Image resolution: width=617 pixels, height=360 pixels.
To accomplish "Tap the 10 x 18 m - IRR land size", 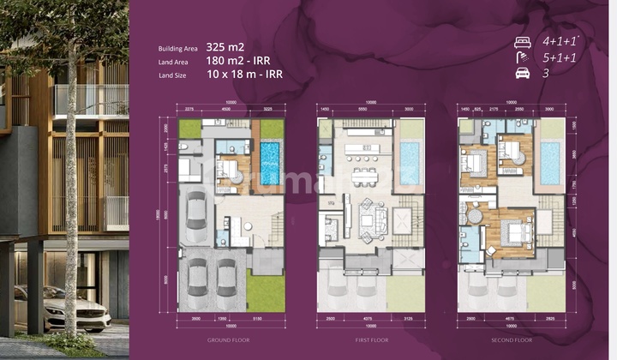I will pyautogui.click(x=246, y=74).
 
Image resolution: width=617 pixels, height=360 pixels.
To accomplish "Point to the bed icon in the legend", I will pyautogui.click(x=522, y=41).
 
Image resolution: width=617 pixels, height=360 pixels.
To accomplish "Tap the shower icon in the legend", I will pyautogui.click(x=521, y=57).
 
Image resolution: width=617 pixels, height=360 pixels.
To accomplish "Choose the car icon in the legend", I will pyautogui.click(x=522, y=74).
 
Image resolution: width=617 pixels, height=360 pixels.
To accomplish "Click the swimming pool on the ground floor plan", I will pyautogui.click(x=270, y=163).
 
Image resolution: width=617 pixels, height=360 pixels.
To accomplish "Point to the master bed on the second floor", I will pyautogui.click(x=512, y=232).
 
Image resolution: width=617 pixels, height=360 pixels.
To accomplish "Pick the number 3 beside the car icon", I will pyautogui.click(x=544, y=74).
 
